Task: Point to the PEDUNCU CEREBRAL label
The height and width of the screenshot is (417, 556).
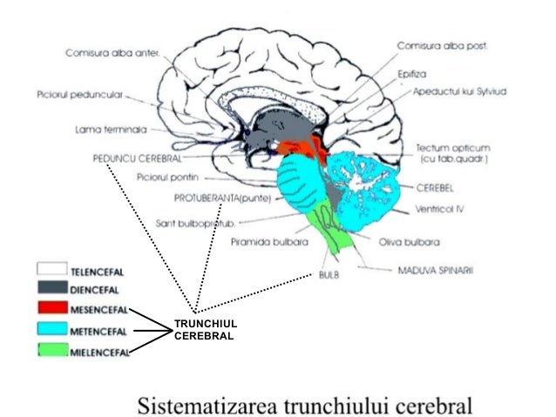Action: point(136,159)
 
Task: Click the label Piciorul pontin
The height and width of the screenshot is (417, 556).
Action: point(165,178)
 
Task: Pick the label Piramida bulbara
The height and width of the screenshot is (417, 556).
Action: point(271,242)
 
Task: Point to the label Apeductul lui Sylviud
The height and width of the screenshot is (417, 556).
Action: point(459,91)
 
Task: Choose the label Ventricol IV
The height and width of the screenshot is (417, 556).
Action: point(438,209)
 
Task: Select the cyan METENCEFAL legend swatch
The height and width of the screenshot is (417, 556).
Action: point(53,331)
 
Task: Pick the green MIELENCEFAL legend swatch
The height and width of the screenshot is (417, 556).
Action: point(53,353)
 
